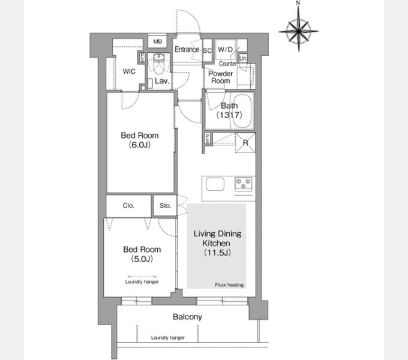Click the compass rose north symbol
[x=298, y=29]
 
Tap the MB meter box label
[x=157, y=41]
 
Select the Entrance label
[x=187, y=49]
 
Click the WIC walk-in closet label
[x=129, y=71]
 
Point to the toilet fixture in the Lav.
[x=158, y=63]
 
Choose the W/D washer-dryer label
[x=226, y=49]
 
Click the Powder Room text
[x=220, y=77]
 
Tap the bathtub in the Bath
[x=242, y=110]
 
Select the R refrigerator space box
[x=245, y=143]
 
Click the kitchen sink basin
[x=215, y=184]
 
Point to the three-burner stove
[x=244, y=184]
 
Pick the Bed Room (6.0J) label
[x=140, y=140]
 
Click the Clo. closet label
[x=128, y=205]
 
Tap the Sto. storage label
[x=165, y=205]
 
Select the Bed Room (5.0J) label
[x=142, y=254]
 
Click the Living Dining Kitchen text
[x=217, y=238]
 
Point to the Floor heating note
[x=229, y=285]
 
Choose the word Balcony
[x=187, y=317]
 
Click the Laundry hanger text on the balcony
[x=168, y=338]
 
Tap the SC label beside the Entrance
[x=207, y=50]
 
